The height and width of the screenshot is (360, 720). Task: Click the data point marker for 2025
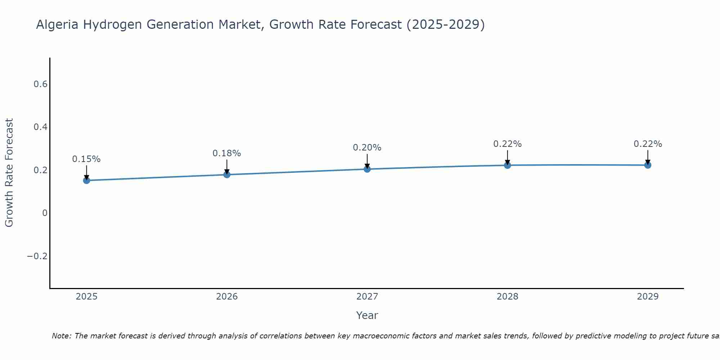tap(86, 180)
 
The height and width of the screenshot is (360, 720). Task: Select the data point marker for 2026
tap(227, 174)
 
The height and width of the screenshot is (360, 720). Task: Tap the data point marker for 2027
tap(367, 169)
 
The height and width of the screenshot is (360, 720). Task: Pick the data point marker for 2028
tap(507, 165)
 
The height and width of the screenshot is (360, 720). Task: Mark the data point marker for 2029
tap(648, 165)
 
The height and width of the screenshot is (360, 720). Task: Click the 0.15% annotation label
tap(86, 159)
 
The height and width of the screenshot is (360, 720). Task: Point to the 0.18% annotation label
tap(227, 153)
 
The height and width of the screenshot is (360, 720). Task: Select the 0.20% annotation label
tap(367, 148)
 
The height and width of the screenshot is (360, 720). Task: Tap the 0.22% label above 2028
tap(507, 144)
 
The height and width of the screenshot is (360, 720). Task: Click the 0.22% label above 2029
tap(648, 144)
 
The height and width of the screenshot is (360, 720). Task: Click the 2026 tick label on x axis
tap(227, 297)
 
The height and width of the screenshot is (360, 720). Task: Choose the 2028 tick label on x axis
tap(507, 297)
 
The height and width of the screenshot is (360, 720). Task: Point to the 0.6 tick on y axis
tap(40, 84)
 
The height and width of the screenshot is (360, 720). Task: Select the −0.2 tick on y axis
tap(37, 256)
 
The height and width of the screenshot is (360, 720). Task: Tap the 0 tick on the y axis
tap(45, 213)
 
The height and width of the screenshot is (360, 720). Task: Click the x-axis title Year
tap(367, 315)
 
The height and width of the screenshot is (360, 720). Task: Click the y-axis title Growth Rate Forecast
tap(9, 173)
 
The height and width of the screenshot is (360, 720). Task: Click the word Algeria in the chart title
tap(58, 25)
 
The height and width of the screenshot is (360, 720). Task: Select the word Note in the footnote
tap(61, 336)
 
